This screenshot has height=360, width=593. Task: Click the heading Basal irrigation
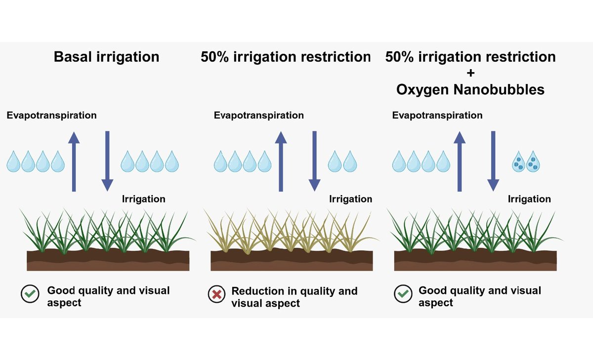click(x=107, y=57)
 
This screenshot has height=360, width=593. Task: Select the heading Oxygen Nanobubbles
click(x=470, y=90)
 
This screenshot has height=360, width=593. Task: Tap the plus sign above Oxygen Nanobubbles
click(x=470, y=74)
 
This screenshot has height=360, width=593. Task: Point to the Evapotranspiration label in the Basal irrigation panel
click(x=52, y=116)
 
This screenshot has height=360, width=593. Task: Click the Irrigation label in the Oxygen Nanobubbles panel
click(x=529, y=199)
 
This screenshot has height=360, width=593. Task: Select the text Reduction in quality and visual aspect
click(x=294, y=297)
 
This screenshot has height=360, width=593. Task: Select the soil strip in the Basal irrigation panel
click(x=108, y=260)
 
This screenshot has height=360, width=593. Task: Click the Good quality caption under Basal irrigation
click(x=108, y=296)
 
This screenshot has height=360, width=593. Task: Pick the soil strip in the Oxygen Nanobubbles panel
click(x=475, y=260)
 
